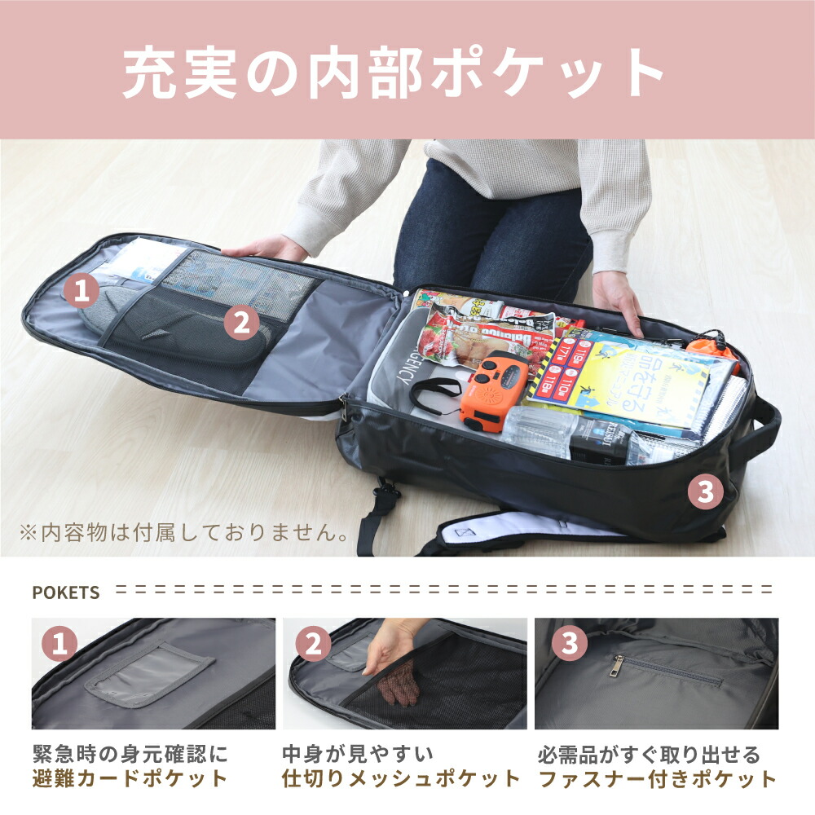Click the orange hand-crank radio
tap(493, 390)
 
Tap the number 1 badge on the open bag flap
tap(81, 289)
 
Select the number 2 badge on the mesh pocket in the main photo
tap(240, 324)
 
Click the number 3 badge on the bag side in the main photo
tap(706, 491)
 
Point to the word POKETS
tap(66, 593)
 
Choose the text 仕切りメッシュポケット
tap(400, 778)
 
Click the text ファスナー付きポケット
tap(659, 778)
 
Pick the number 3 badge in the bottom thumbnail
tap(570, 644)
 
